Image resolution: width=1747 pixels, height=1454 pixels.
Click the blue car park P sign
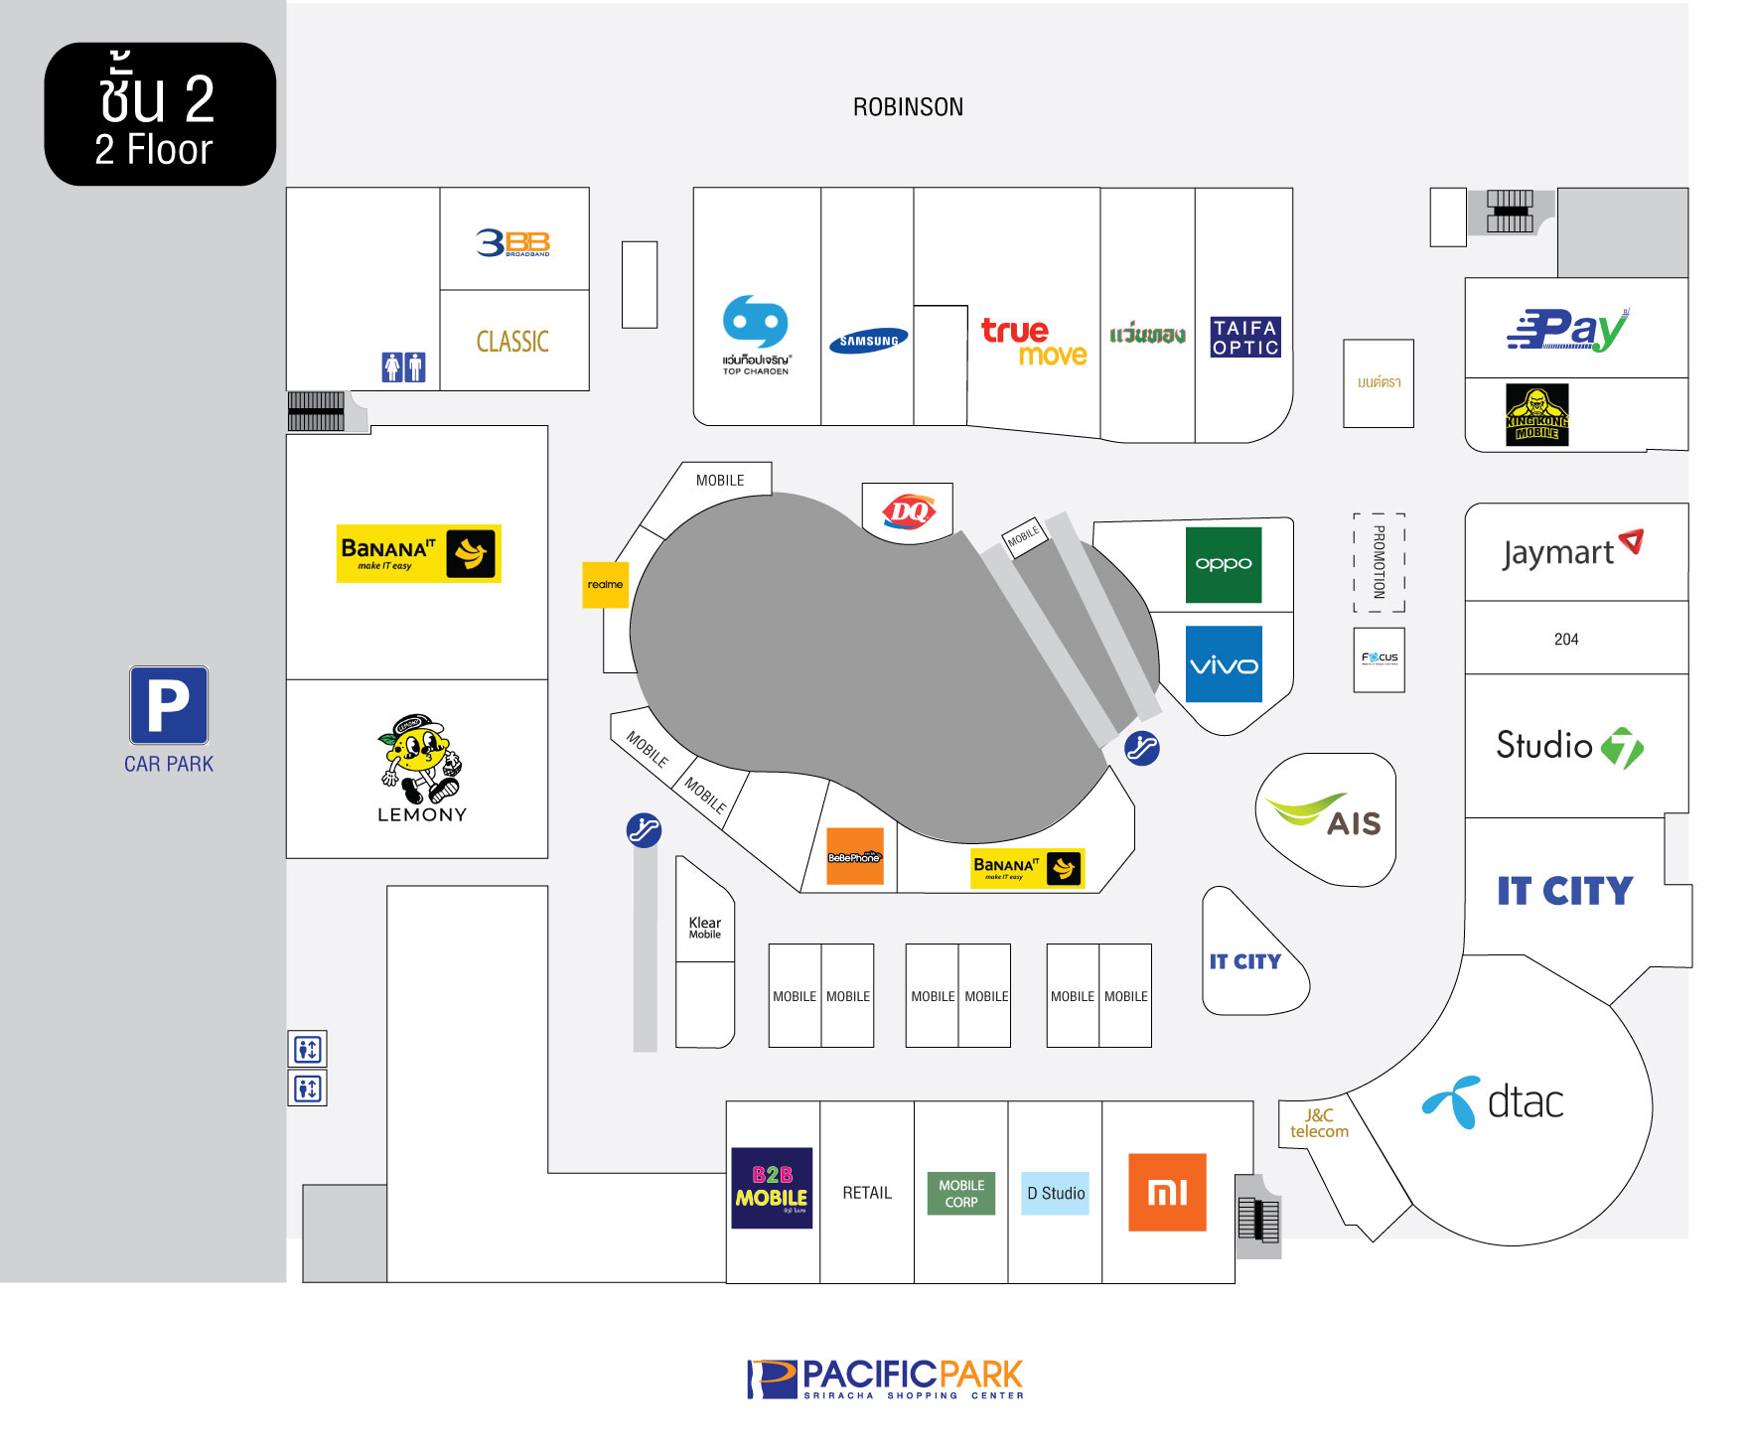pos(169,705)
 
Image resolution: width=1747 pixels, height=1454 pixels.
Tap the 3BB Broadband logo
pos(512,242)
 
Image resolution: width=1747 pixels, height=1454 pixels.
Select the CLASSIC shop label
pos(512,342)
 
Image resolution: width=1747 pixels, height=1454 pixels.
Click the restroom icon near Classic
pos(404,366)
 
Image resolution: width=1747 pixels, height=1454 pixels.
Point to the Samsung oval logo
pos(868,341)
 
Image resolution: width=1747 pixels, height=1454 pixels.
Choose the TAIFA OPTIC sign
pos(1244,337)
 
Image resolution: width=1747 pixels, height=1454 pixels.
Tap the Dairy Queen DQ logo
pos(908,511)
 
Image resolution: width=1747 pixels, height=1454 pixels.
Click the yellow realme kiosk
pos(605,584)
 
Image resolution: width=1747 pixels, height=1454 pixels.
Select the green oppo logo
pos(1224,564)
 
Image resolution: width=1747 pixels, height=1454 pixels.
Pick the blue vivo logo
pos(1224,664)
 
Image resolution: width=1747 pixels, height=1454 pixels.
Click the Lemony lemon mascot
pos(419,758)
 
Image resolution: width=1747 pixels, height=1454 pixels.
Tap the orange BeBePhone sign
pos(854,856)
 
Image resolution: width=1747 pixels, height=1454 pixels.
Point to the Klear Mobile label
pos(705,927)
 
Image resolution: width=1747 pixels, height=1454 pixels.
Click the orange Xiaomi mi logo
pos(1167,1192)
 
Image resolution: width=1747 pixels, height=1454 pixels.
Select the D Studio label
pos(1056,1193)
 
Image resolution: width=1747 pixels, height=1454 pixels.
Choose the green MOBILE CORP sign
pos(961,1193)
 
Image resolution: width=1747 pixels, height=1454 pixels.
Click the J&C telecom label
pos(1319,1123)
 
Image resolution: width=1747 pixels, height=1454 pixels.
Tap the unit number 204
pos(1566,640)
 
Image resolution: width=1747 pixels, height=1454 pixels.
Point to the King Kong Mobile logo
pos(1536,415)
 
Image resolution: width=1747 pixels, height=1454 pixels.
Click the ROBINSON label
pos(908,107)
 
